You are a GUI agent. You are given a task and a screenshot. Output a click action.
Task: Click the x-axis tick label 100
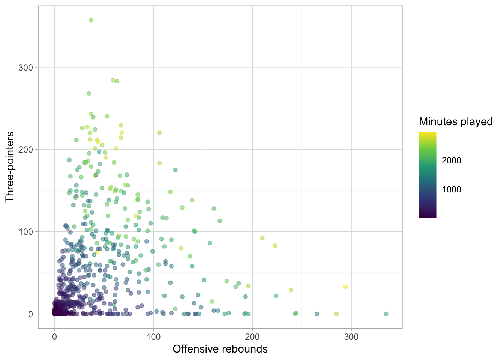[153, 337]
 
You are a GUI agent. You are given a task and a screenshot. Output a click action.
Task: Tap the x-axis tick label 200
[252, 337]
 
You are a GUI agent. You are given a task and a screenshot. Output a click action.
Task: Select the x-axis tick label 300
[351, 337]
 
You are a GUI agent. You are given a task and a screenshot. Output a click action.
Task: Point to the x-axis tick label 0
[55, 337]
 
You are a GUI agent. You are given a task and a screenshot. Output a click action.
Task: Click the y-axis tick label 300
[26, 67]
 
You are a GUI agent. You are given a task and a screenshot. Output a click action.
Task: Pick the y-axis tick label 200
[26, 150]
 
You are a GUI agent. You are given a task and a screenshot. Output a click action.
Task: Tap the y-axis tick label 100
[26, 232]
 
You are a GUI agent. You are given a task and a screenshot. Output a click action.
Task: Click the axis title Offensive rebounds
[220, 349]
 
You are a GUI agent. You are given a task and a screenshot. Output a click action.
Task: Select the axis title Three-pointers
[10, 167]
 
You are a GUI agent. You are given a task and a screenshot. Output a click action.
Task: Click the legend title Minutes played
[456, 121]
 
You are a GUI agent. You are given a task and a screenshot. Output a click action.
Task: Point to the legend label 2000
[451, 160]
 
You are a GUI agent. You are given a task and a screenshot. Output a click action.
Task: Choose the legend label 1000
[451, 189]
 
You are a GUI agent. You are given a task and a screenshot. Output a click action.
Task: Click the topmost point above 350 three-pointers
[91, 20]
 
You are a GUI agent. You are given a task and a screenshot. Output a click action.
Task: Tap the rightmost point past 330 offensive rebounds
[386, 314]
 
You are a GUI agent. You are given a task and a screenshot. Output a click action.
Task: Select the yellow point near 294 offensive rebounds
[345, 287]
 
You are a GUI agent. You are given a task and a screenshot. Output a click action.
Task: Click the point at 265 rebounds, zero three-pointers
[316, 314]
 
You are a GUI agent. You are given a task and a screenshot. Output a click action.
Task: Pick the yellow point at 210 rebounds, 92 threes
[262, 238]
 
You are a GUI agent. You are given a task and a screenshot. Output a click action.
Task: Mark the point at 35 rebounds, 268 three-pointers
[89, 93]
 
